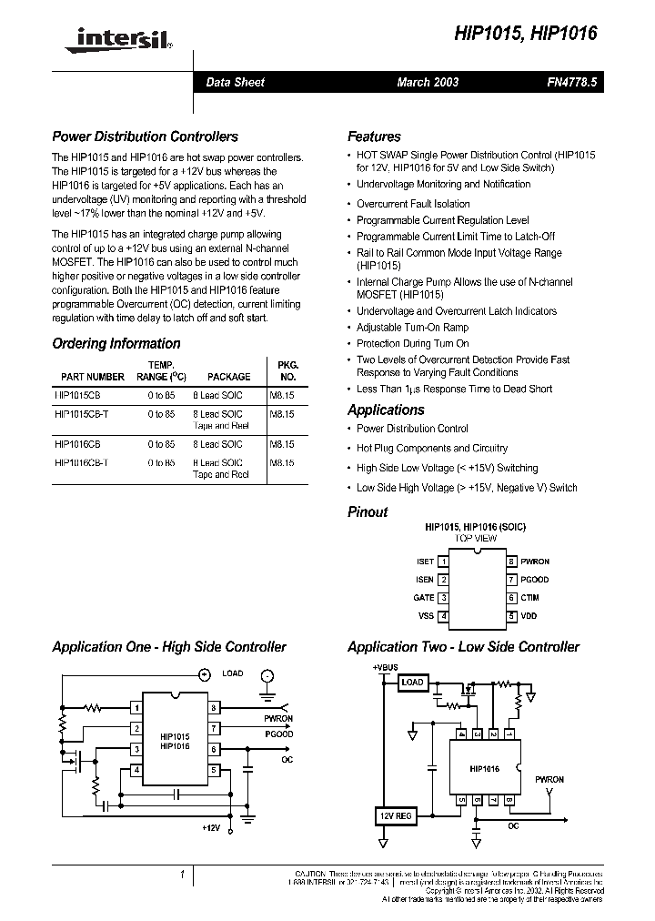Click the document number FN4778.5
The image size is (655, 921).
click(x=572, y=82)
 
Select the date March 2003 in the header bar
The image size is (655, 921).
click(x=428, y=82)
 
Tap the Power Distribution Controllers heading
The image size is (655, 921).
click(x=145, y=137)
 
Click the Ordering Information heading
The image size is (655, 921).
click(x=116, y=343)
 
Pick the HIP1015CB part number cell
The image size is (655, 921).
click(x=78, y=396)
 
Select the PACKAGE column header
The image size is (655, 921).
click(x=228, y=376)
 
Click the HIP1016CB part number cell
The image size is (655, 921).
click(x=78, y=444)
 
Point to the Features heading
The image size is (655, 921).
click(x=374, y=137)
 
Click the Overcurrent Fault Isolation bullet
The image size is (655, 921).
click(x=413, y=204)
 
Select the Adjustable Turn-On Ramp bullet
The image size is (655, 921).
click(x=412, y=328)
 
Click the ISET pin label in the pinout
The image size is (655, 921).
click(x=425, y=562)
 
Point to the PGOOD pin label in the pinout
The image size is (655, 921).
click(x=535, y=580)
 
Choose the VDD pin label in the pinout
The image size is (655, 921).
click(x=529, y=616)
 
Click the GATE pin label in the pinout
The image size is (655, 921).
click(x=424, y=598)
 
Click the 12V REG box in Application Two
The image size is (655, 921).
click(x=395, y=816)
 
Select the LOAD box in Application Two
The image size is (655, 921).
click(x=412, y=683)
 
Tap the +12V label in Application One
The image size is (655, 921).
click(x=211, y=827)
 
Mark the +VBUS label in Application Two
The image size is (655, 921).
click(x=385, y=667)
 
